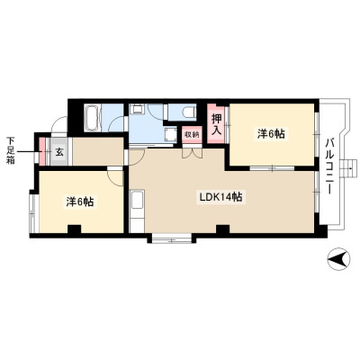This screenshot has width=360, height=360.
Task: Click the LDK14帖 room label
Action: click(x=221, y=197)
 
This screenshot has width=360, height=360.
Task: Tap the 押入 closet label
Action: click(x=217, y=124)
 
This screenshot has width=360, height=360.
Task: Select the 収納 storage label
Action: click(x=192, y=135)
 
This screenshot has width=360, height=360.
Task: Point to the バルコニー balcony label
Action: click(x=330, y=166)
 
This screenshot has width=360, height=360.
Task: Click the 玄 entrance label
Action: click(x=59, y=152)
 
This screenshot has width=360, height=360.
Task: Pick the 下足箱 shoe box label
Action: click(x=11, y=151)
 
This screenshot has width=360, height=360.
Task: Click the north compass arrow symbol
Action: click(x=338, y=259)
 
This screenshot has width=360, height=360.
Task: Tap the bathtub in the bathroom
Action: click(x=93, y=118)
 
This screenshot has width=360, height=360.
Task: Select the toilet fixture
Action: click(x=190, y=112)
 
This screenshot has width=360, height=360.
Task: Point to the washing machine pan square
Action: click(x=171, y=134)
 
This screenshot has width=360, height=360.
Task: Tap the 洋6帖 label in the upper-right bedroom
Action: click(x=271, y=134)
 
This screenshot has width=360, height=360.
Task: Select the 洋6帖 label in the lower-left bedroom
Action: click(x=80, y=202)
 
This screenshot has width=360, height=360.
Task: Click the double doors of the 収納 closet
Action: click(x=192, y=152)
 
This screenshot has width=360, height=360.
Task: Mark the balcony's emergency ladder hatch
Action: click(x=348, y=168)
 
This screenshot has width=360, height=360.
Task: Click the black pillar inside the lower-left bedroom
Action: click(x=74, y=229)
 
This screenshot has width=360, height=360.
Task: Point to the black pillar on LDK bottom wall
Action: click(x=223, y=229)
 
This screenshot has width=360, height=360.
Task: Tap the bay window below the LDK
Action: click(x=172, y=239)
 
